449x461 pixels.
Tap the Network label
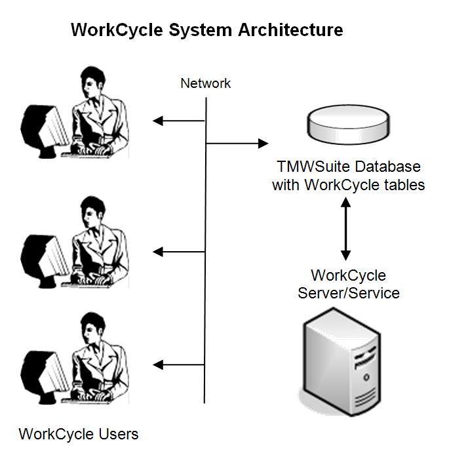pos(206,83)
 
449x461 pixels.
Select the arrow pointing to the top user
pos(179,121)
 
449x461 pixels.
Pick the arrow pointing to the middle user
pos(179,251)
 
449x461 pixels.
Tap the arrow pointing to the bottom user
pos(179,365)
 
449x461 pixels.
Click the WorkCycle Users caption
pos(79,434)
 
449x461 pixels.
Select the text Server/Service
pos(349,292)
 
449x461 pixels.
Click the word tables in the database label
pos(402,185)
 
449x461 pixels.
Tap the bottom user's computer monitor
pos(43,367)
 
